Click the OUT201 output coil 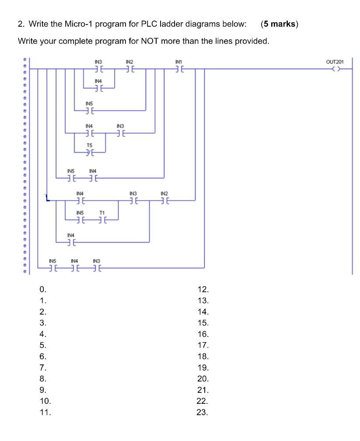click(335, 69)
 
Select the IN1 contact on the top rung click(178, 69)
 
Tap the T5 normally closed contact click(89, 152)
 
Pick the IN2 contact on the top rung click(129, 69)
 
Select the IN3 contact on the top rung click(98, 69)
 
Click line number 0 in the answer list click(42, 290)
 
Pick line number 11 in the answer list click(45, 412)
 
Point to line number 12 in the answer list click(203, 290)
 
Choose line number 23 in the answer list click(203, 412)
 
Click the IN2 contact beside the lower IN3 click(164, 200)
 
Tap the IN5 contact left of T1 click(80, 220)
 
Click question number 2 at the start click(21, 24)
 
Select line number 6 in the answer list click(42, 357)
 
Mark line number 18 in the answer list click(203, 357)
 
